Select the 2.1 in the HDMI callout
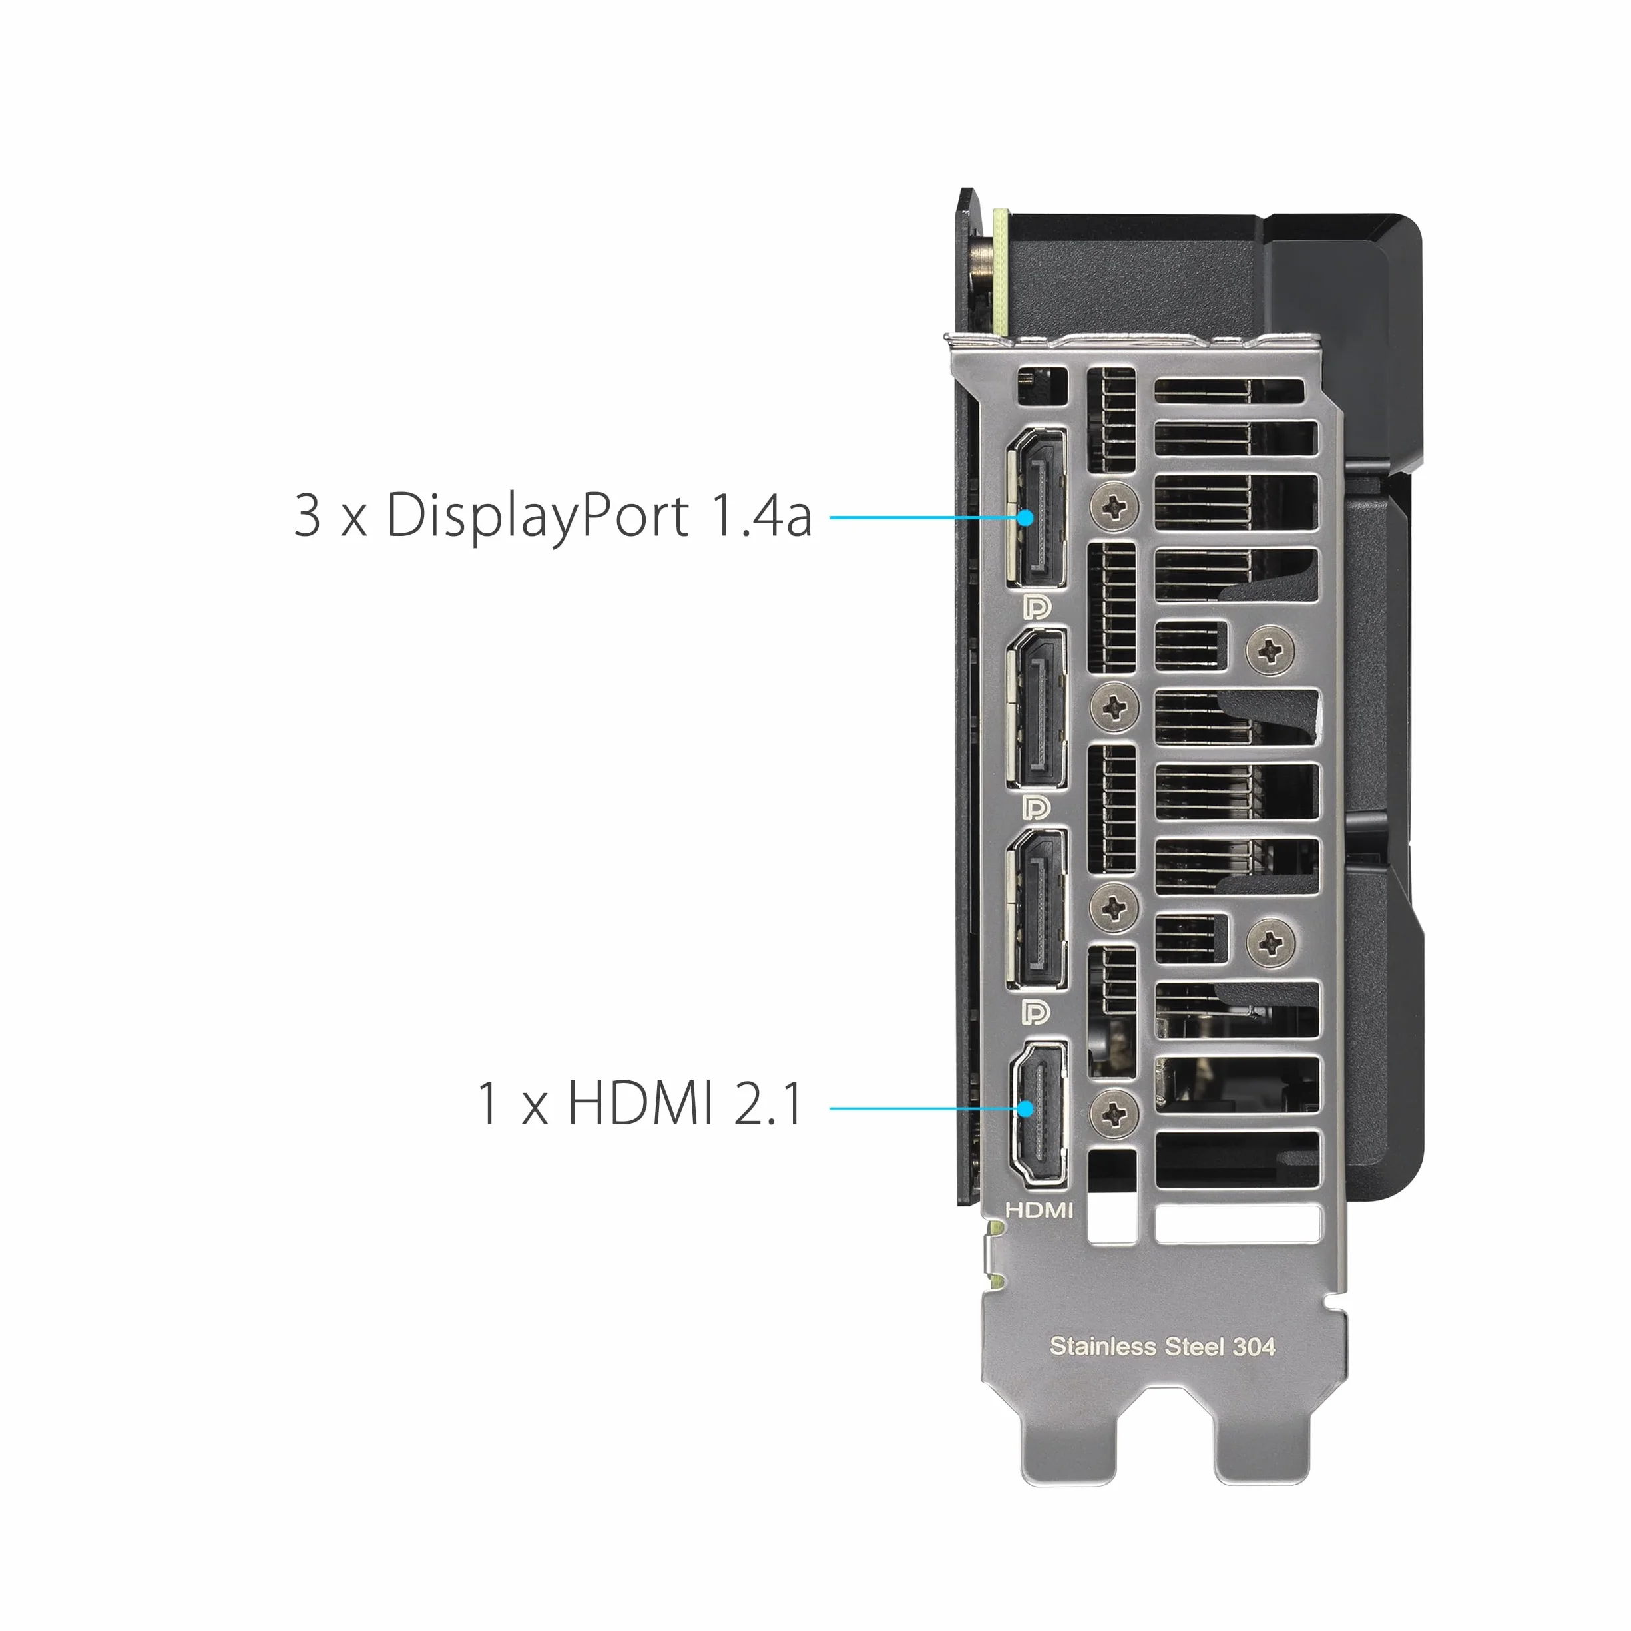point(768,1102)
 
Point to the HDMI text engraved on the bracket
point(1039,1210)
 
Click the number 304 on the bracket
point(1254,1347)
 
